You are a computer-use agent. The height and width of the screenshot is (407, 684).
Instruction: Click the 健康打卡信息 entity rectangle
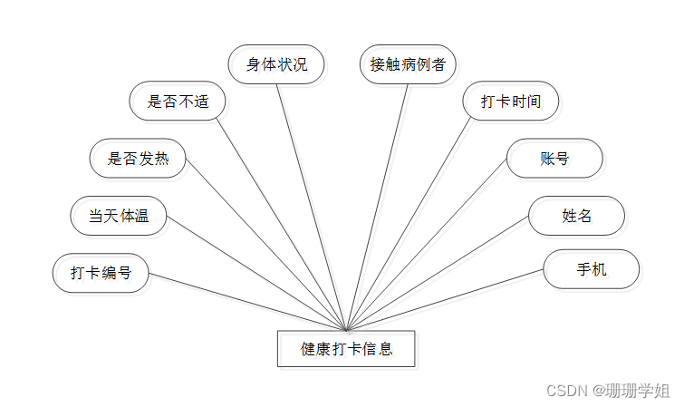pyautogui.click(x=346, y=348)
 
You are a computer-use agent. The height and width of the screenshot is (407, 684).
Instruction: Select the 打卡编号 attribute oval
pyautogui.click(x=101, y=273)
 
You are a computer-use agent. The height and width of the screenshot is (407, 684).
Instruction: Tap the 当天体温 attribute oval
pyautogui.click(x=119, y=216)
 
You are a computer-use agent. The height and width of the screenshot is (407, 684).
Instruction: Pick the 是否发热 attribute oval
pyautogui.click(x=138, y=159)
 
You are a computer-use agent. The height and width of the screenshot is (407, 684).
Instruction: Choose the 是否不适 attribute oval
pyautogui.click(x=177, y=101)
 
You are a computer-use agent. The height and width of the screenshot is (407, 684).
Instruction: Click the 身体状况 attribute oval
pyautogui.click(x=276, y=64)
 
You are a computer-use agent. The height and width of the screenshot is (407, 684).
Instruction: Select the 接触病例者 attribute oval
pyautogui.click(x=408, y=64)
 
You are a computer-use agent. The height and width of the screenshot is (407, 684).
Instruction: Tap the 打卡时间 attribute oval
pyautogui.click(x=511, y=101)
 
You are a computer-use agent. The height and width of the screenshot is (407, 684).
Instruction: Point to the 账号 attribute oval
pyautogui.click(x=554, y=159)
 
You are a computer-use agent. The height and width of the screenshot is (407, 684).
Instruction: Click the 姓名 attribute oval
pyautogui.click(x=577, y=216)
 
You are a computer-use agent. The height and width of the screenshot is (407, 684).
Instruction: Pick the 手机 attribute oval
pyautogui.click(x=592, y=269)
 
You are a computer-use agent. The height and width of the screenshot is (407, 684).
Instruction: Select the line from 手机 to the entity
pyautogui.click(x=446, y=300)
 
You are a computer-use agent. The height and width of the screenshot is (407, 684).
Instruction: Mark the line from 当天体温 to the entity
pyautogui.click(x=256, y=274)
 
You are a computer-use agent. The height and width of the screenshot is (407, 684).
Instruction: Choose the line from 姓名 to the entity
pyautogui.click(x=438, y=274)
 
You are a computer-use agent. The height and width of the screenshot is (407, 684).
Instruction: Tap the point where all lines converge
pyautogui.click(x=346, y=329)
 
